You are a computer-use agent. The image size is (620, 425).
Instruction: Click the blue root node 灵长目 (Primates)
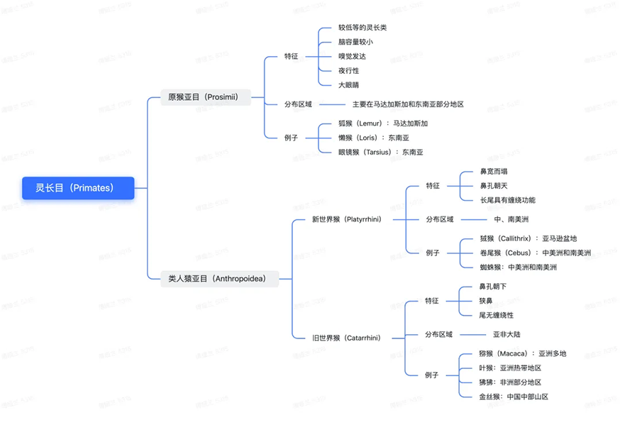point(78,188)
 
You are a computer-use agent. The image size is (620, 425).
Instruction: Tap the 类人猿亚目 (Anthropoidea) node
point(216,279)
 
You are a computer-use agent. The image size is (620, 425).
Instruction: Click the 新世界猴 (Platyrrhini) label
point(348,219)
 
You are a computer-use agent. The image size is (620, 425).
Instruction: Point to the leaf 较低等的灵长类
point(362,28)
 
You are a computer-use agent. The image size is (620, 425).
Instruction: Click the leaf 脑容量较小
point(356,42)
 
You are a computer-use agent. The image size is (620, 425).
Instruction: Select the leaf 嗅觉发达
point(353,56)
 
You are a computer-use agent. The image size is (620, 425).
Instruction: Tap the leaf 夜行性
point(349,70)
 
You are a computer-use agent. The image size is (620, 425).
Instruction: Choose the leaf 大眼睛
point(349,84)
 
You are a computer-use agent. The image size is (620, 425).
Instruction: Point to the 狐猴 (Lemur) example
point(383,123)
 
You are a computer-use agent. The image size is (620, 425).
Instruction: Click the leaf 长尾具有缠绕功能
point(507,200)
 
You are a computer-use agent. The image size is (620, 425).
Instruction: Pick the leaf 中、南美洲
point(511,219)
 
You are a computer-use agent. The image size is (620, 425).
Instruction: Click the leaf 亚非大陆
point(506,334)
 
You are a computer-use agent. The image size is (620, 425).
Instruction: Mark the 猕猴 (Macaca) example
point(523,353)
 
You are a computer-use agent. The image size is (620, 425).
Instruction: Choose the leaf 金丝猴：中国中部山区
point(514,397)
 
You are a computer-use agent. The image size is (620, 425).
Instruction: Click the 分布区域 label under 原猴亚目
point(298,104)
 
